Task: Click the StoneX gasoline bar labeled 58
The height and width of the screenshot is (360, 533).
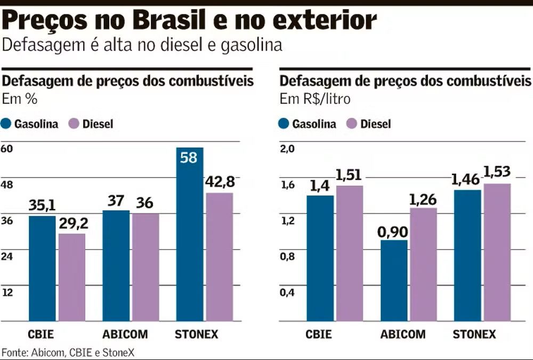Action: (x=190, y=235)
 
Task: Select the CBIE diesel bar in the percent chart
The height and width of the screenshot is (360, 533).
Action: (x=72, y=277)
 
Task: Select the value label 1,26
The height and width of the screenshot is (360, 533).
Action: (x=423, y=199)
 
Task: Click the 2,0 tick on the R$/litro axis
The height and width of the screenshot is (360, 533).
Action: (x=287, y=149)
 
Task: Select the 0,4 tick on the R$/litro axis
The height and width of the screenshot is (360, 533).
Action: (x=287, y=292)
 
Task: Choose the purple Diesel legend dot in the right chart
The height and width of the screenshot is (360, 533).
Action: (x=351, y=124)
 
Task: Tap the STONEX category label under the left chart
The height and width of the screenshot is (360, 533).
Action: (x=197, y=335)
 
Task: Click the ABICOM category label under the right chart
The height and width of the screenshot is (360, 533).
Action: (x=403, y=335)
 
